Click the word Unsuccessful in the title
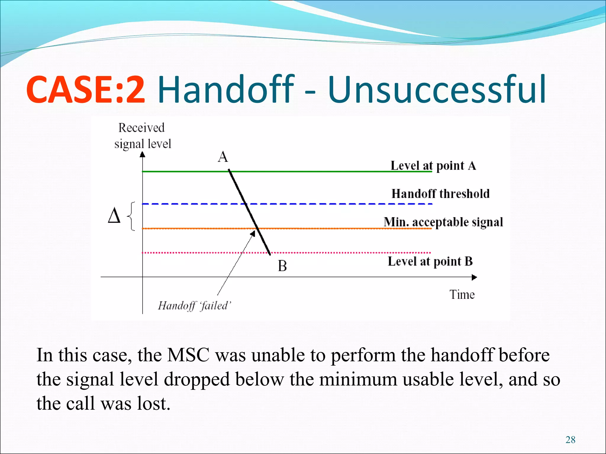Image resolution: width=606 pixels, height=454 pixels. [x=437, y=90]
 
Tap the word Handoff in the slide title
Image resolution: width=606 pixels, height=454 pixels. [x=226, y=90]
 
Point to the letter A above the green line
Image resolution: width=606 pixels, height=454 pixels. [x=223, y=157]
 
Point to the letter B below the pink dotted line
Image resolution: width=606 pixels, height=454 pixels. [x=282, y=266]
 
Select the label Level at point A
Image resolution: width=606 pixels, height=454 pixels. [x=433, y=166]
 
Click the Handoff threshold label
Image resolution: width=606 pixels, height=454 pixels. [x=440, y=194]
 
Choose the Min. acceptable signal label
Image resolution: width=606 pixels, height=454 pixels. [x=443, y=222]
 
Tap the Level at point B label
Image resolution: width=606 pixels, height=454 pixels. [x=430, y=261]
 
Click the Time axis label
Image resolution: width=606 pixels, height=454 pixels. [x=462, y=295]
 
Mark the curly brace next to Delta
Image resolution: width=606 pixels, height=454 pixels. [x=131, y=216]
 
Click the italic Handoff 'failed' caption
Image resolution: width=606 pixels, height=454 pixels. [x=194, y=306]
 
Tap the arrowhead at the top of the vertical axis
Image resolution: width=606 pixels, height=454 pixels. [x=143, y=154]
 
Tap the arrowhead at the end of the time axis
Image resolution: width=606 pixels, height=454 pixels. [x=474, y=277]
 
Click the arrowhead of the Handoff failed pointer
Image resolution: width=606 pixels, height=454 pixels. [x=253, y=234]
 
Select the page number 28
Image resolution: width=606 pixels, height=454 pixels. [x=570, y=440]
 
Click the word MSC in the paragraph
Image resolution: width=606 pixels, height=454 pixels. [x=188, y=355]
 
